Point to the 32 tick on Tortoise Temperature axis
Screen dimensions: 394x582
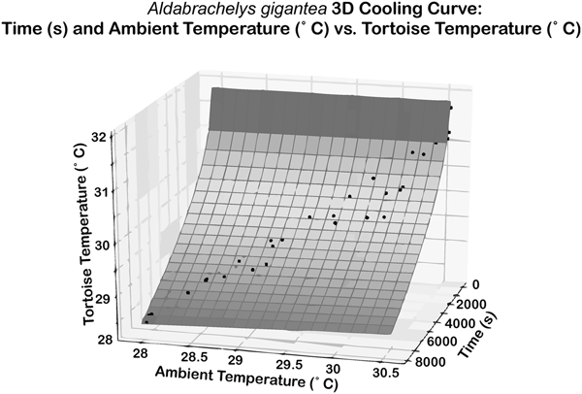(100, 138)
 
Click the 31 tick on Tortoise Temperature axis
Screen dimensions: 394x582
(100, 191)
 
